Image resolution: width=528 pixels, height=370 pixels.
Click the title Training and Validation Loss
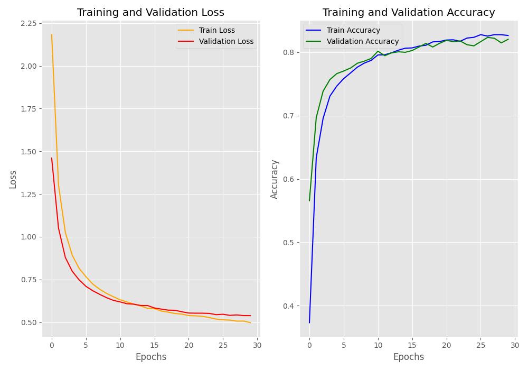pyautogui.click(x=150, y=12)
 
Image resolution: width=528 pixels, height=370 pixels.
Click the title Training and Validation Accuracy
pyautogui.click(x=409, y=12)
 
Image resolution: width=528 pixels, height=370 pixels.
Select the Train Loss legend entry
pyautogui.click(x=216, y=31)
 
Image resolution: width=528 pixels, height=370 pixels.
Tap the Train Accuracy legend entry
pyautogui.click(x=353, y=31)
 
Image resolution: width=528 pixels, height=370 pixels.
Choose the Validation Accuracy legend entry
pyautogui.click(x=363, y=41)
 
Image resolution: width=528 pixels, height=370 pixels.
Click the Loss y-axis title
pyautogui.click(x=13, y=179)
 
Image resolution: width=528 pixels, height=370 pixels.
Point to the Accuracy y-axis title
pyautogui.click(x=274, y=179)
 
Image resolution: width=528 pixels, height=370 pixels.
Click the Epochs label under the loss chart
pyautogui.click(x=150, y=357)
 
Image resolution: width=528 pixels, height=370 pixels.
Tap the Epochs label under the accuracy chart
pyautogui.click(x=409, y=357)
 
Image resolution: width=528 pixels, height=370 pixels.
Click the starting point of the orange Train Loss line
pyautogui.click(x=52, y=35)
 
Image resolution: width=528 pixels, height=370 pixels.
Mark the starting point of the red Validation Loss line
pyautogui.click(x=52, y=158)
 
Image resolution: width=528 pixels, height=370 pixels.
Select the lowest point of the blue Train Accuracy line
pyautogui.click(x=309, y=322)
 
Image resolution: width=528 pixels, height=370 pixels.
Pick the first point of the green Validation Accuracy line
pyautogui.click(x=309, y=201)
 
